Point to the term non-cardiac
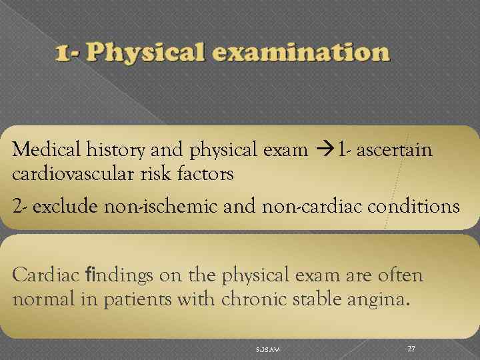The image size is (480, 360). [298, 207]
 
